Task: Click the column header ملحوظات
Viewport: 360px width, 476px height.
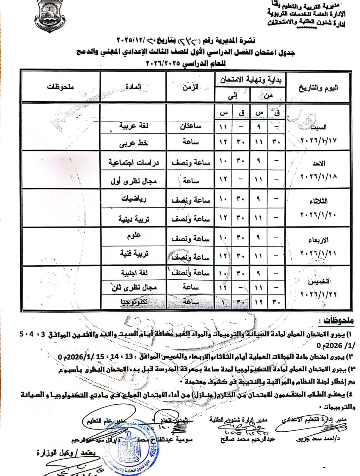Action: [60, 87]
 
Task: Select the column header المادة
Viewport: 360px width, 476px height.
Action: [133, 87]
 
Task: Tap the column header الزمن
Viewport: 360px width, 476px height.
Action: [190, 87]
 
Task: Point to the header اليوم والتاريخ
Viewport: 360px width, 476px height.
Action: [318, 88]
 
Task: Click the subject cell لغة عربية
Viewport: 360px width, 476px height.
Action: [134, 126]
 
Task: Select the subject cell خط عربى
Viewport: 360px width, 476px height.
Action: [134, 143]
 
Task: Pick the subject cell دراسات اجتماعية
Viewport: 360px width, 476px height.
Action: [134, 162]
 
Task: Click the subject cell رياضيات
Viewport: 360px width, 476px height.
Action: [134, 199]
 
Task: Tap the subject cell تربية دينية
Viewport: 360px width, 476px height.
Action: [134, 219]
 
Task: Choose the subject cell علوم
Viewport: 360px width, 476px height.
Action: [134, 236]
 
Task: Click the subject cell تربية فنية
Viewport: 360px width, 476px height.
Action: [134, 253]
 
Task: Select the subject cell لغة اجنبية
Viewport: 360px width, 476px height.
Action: [134, 273]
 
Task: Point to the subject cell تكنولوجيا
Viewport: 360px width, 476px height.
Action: [134, 302]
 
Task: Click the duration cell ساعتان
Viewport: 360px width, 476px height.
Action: [190, 126]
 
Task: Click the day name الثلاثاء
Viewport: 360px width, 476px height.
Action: [318, 201]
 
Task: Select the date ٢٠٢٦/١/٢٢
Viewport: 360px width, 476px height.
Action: [318, 294]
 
